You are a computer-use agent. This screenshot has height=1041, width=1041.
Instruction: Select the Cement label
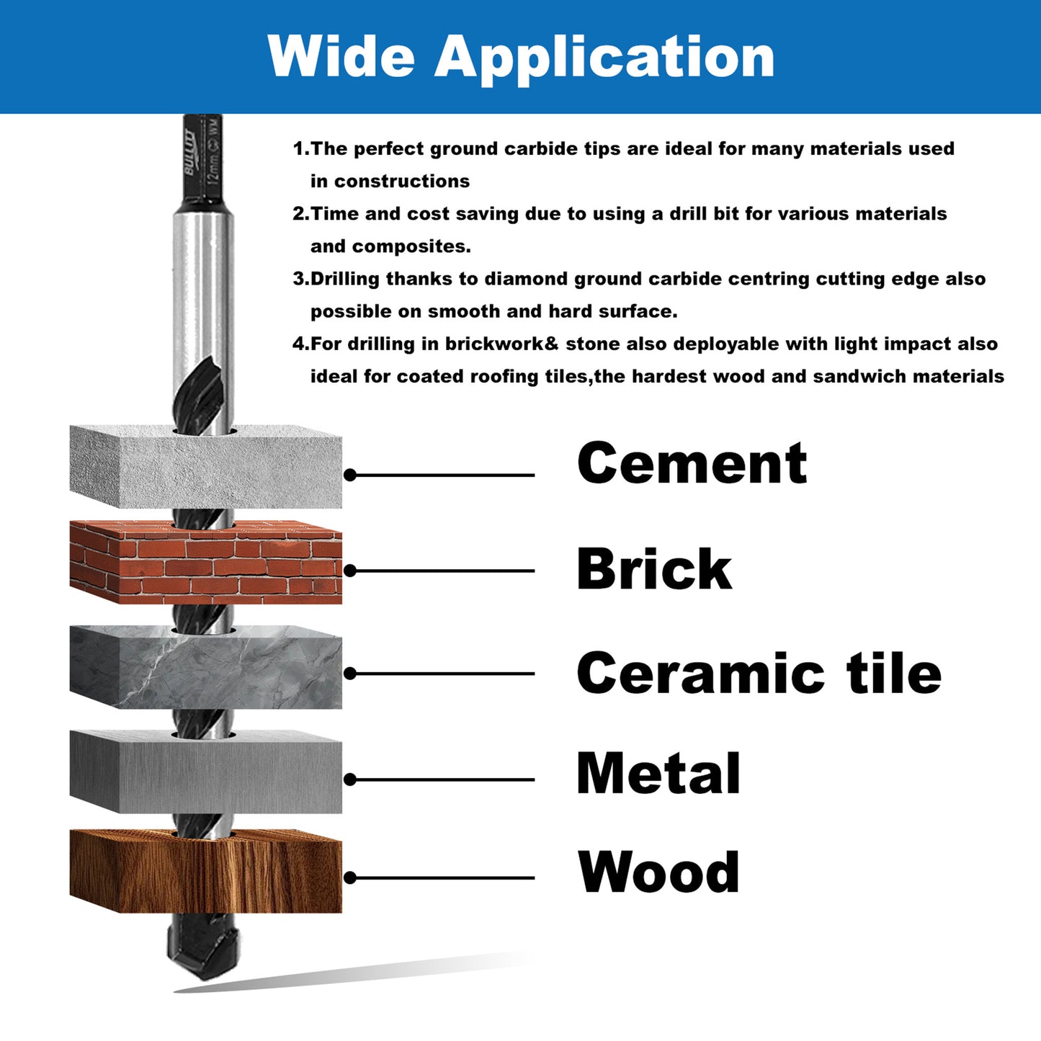click(692, 463)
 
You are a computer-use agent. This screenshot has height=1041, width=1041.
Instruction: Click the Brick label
click(653, 569)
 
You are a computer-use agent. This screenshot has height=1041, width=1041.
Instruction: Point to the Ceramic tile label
click(759, 674)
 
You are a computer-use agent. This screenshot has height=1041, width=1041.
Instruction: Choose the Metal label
click(658, 774)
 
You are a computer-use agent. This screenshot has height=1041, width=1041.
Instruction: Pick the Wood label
click(658, 872)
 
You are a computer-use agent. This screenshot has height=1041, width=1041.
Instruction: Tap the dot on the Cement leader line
click(350, 475)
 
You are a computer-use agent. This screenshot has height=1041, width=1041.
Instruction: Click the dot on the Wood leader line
click(350, 877)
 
